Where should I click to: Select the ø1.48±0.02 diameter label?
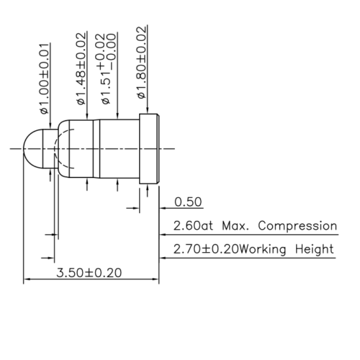point(81,68)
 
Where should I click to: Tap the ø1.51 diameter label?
point(104,86)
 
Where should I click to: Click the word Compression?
point(297,226)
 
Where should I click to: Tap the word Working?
point(266,251)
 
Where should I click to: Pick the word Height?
point(315,251)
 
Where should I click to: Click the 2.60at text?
point(194,226)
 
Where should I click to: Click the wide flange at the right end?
point(149,148)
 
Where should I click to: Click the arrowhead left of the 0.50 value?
point(136,209)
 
